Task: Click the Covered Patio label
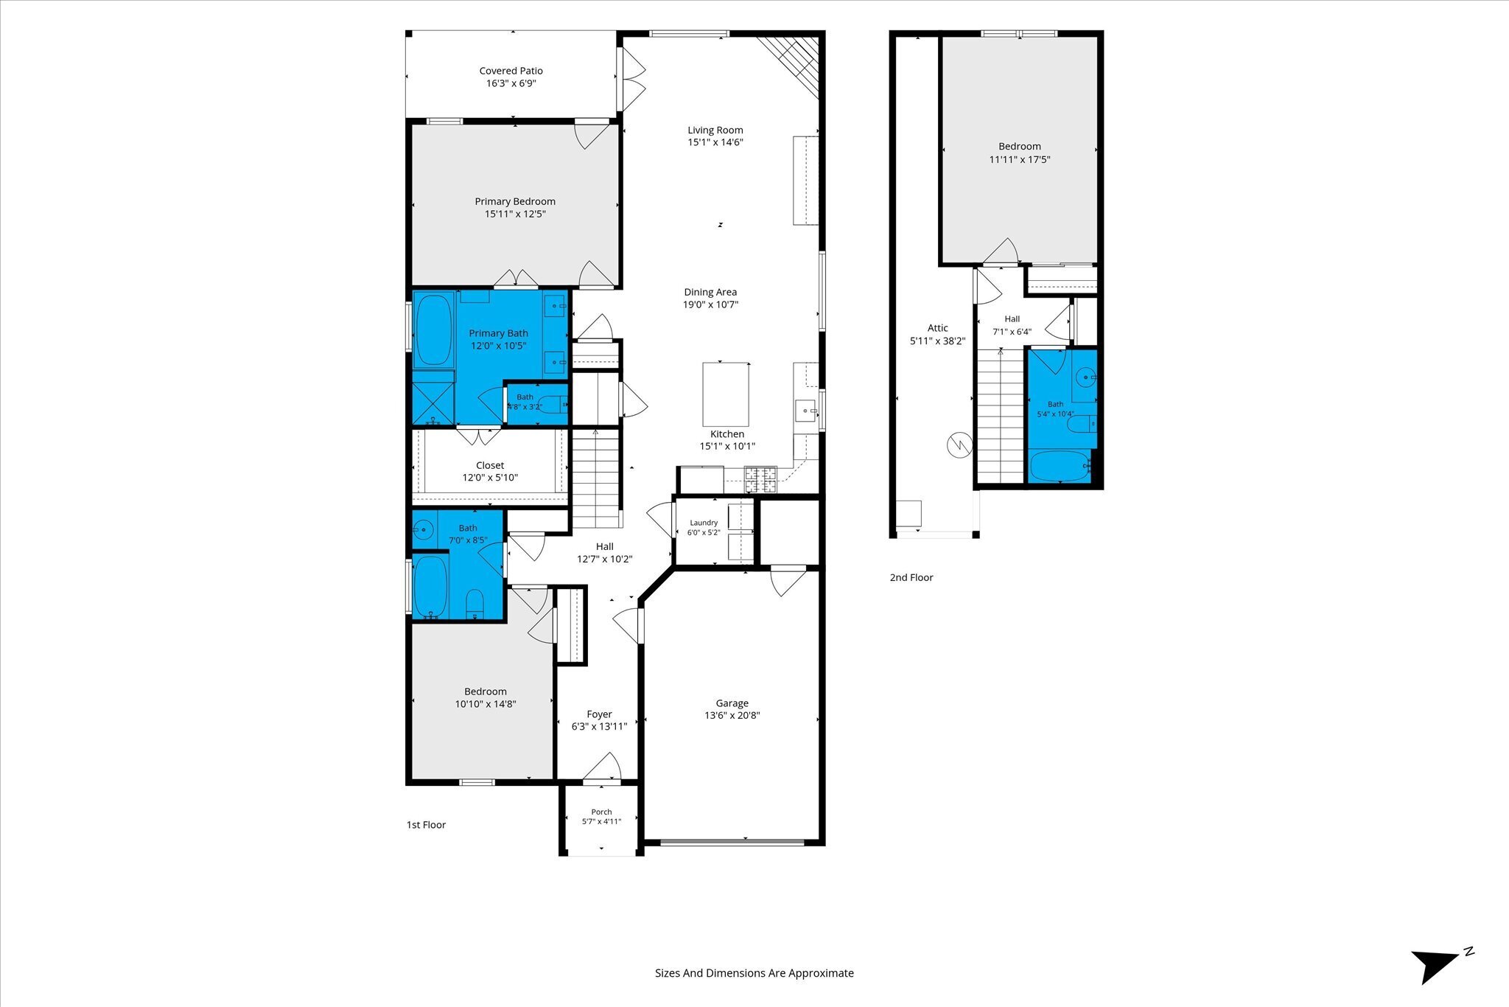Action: point(511,71)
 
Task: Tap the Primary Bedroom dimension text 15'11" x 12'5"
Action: point(515,215)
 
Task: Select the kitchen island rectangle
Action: point(726,394)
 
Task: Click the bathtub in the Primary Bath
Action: point(433,330)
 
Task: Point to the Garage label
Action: point(732,703)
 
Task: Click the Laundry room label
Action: point(704,523)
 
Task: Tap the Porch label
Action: point(601,812)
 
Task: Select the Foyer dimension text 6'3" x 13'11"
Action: point(599,727)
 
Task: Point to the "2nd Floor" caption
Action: point(911,577)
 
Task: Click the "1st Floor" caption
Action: point(426,825)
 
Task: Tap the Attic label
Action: point(937,328)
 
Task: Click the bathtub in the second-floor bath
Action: point(1060,467)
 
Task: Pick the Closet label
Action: point(490,465)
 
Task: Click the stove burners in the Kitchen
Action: point(760,479)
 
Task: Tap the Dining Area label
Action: point(710,292)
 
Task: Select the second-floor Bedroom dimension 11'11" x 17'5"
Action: point(1020,159)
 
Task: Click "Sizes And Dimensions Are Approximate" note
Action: point(754,973)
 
